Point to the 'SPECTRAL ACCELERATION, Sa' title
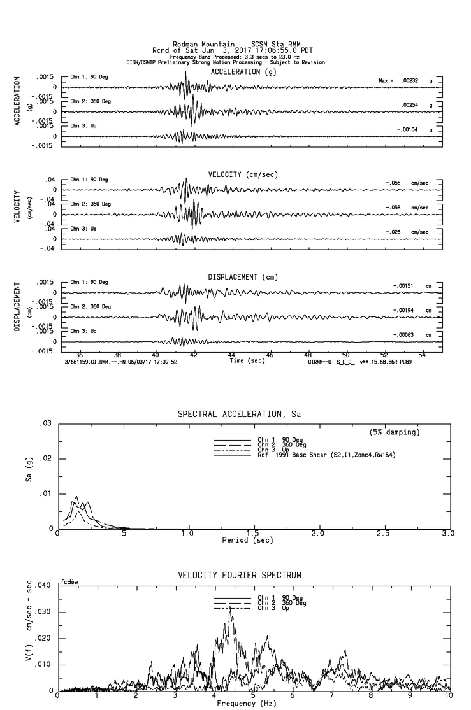pyautogui.click(x=239, y=415)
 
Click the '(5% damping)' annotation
pyautogui.click(x=395, y=432)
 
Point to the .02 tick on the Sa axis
pyautogui.click(x=46, y=458)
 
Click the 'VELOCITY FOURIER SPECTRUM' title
pyautogui.click(x=239, y=576)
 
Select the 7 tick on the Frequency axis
pyautogui.click(x=331, y=696)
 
